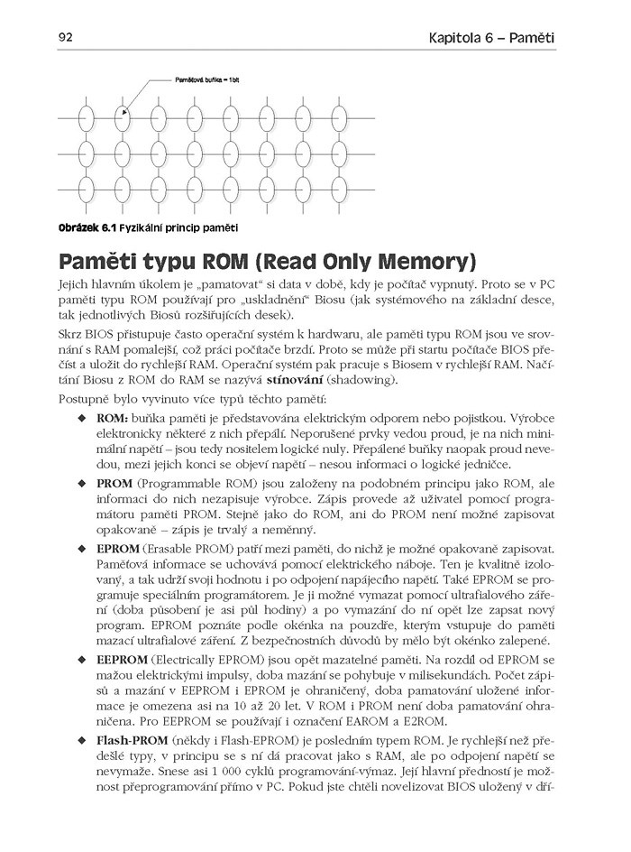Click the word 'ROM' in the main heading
pyautogui.click(x=226, y=263)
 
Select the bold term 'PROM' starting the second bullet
pyautogui.click(x=114, y=485)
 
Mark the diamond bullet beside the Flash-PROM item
pyautogui.click(x=83, y=741)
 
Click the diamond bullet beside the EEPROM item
pyautogui.click(x=83, y=661)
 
